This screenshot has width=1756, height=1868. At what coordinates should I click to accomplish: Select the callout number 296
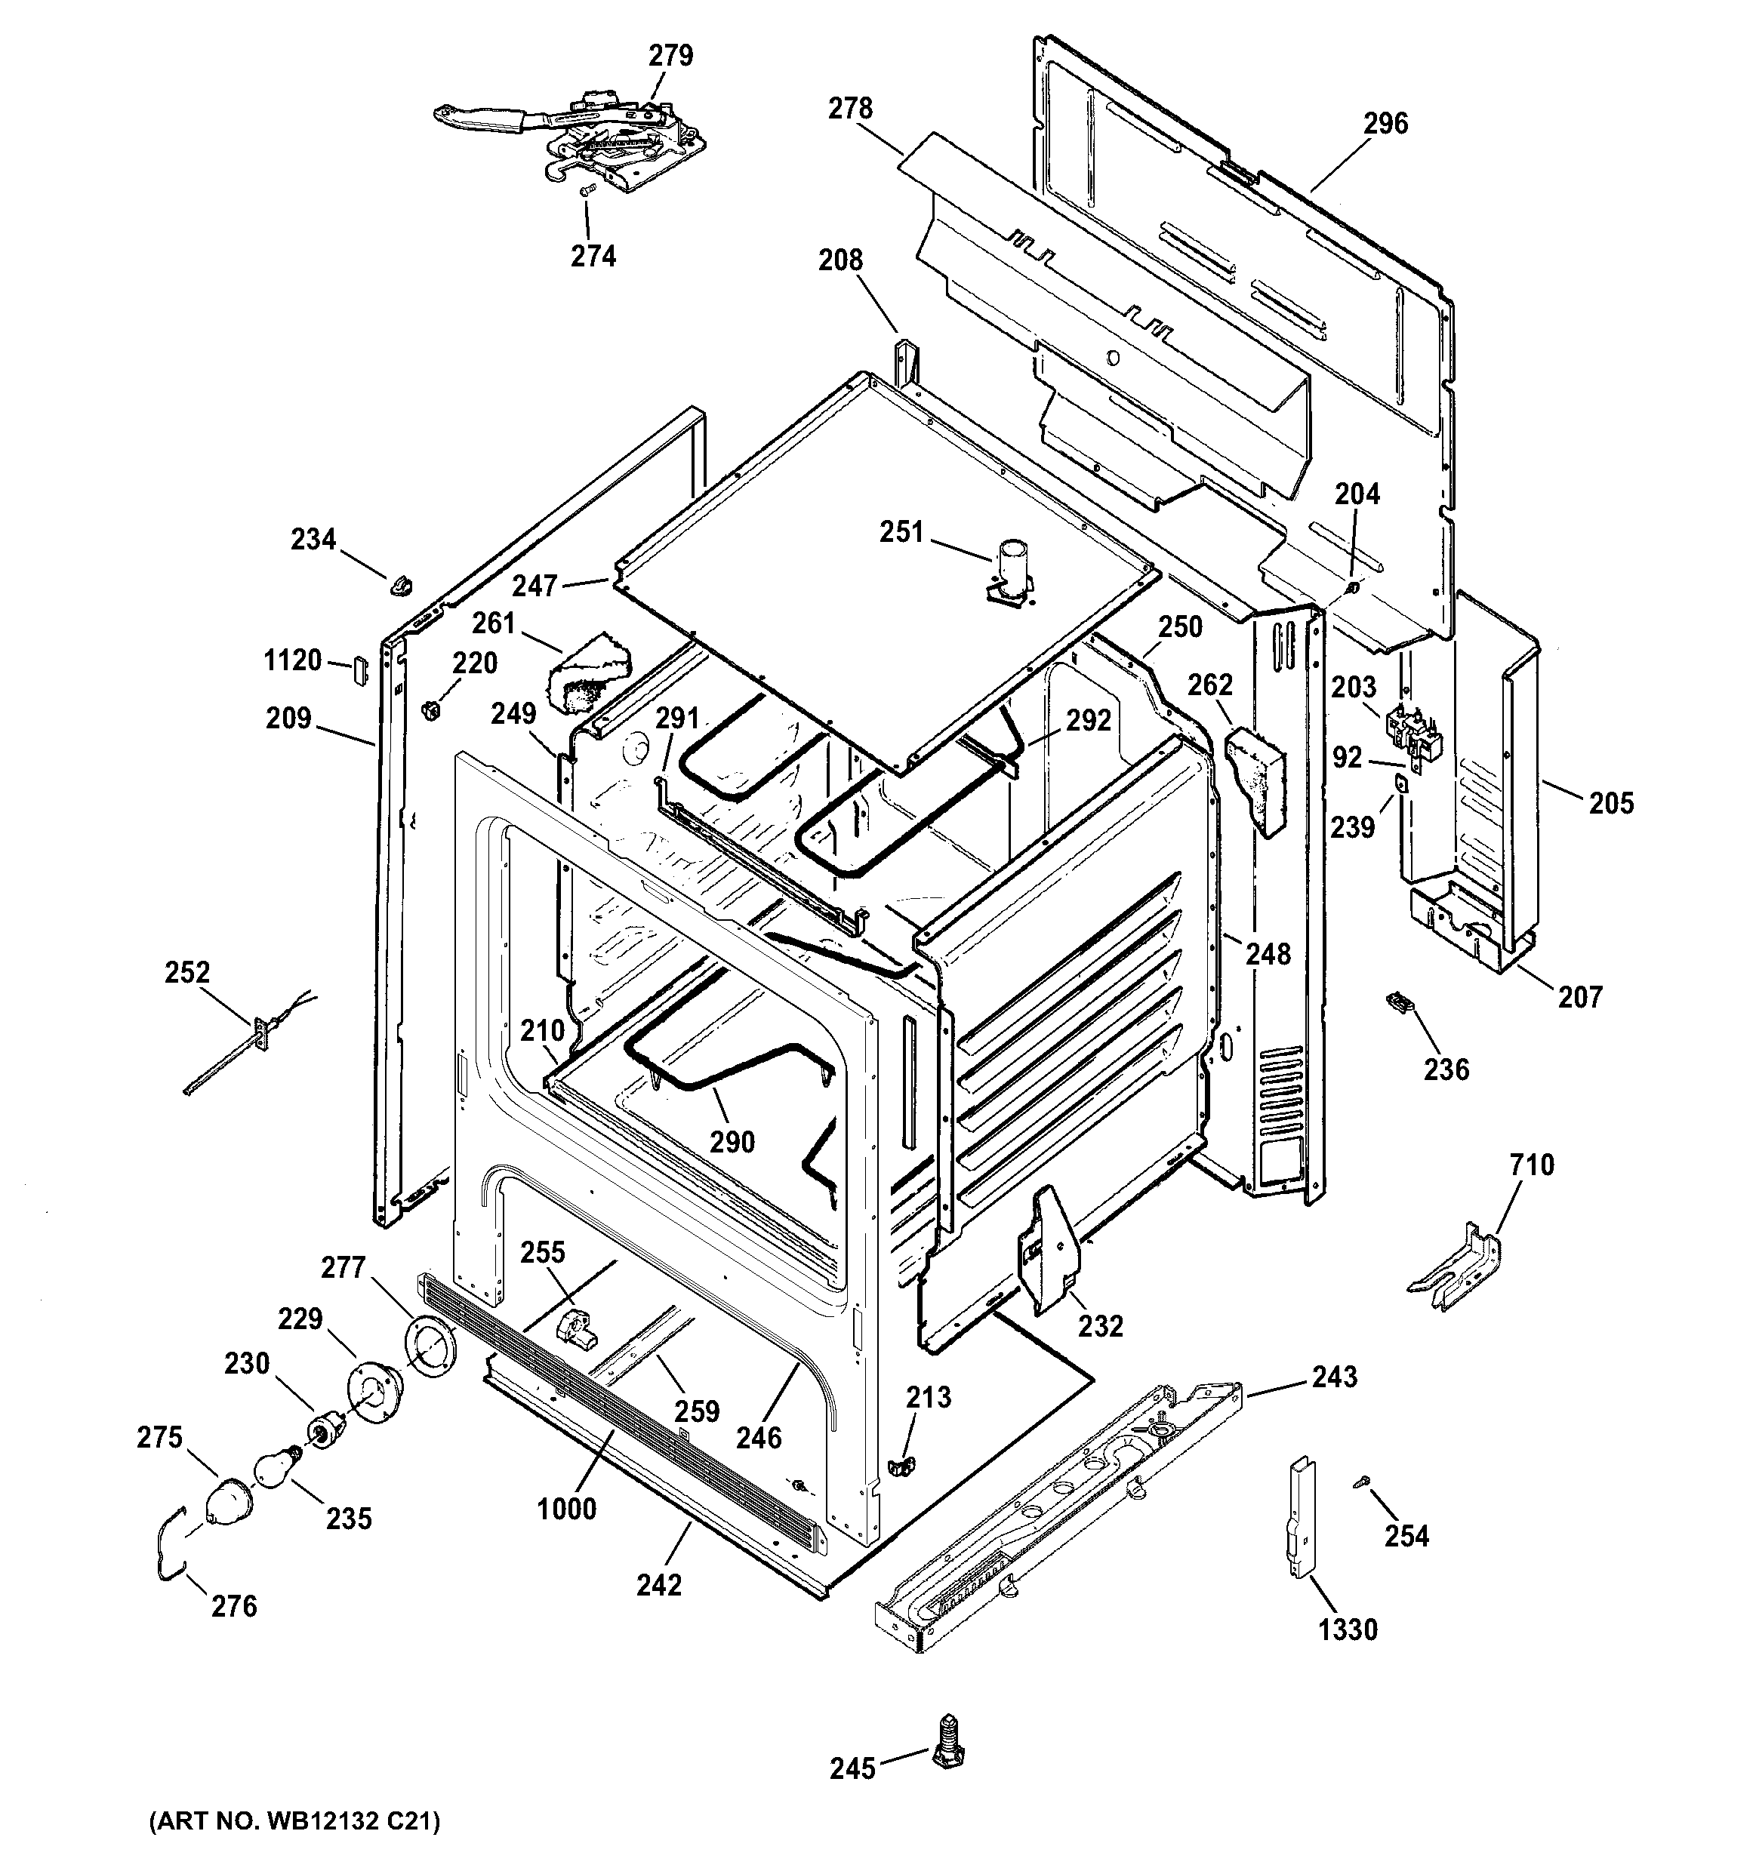1385,123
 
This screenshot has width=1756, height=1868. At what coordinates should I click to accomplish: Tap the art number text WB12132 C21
294,1821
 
